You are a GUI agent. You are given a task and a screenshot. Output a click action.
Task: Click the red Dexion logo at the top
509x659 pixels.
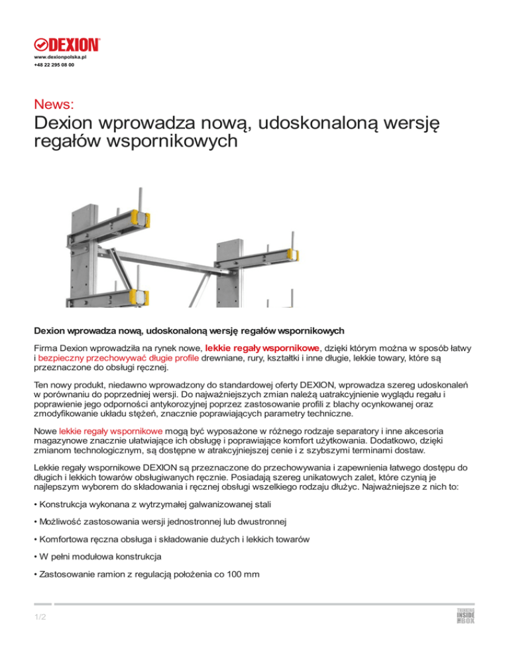click(x=67, y=45)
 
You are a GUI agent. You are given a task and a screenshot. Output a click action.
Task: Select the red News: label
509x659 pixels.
click(x=54, y=103)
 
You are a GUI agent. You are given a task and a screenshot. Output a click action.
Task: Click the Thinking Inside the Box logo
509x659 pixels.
click(x=465, y=617)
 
